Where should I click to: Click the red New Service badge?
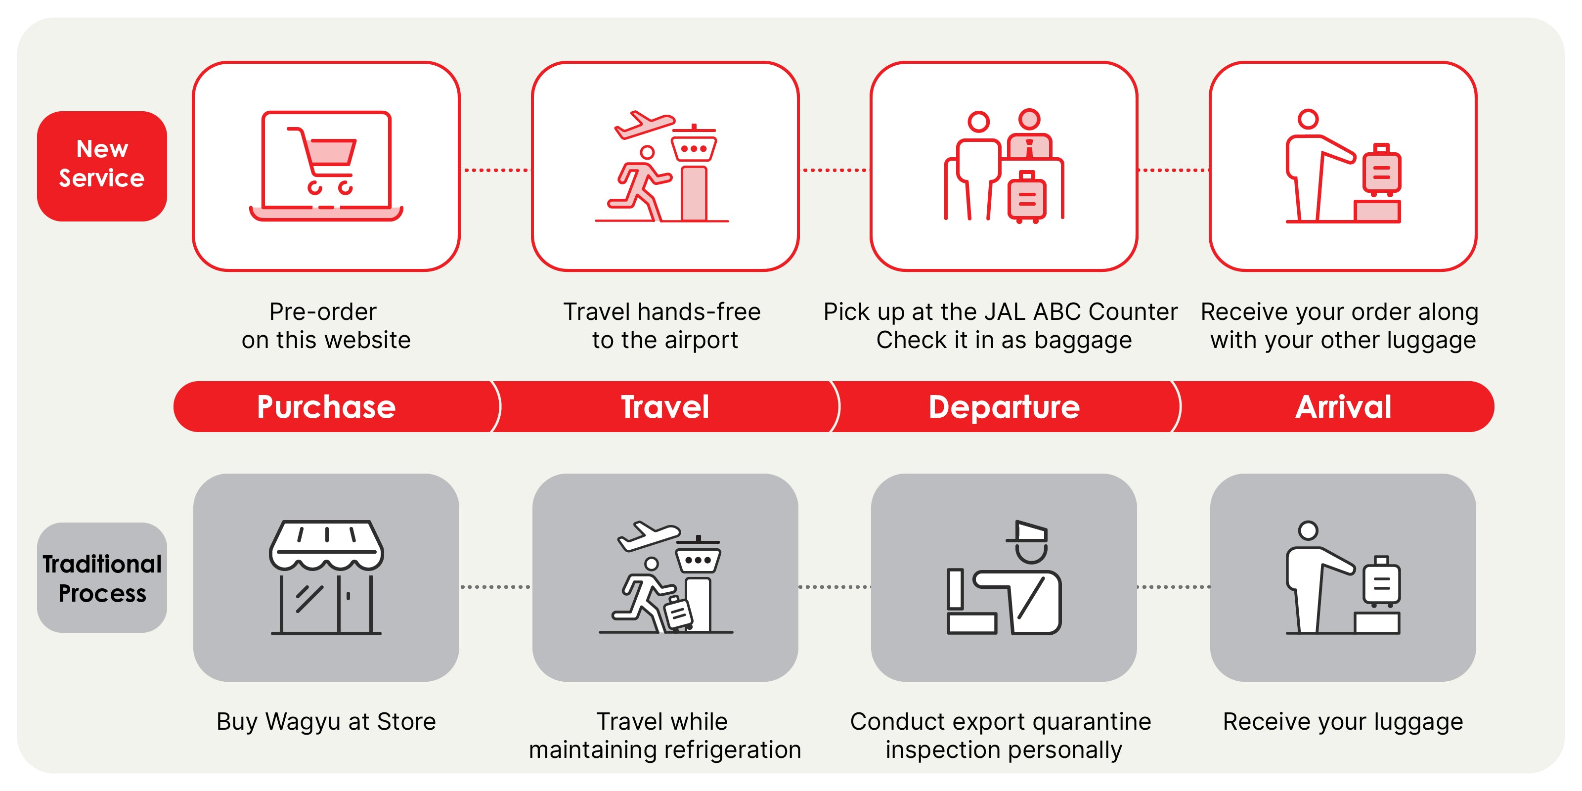[102, 166]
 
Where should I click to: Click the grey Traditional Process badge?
[102, 577]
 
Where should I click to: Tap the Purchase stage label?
[326, 406]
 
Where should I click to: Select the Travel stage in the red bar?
[665, 406]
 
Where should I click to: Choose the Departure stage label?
[1004, 406]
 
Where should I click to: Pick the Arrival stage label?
[1343, 406]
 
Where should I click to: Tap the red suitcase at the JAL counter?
[1026, 197]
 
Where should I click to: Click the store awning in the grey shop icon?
[326, 543]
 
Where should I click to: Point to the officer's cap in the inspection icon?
[1028, 532]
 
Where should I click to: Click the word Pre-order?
[323, 312]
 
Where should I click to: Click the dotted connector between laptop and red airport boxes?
[495, 170]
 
